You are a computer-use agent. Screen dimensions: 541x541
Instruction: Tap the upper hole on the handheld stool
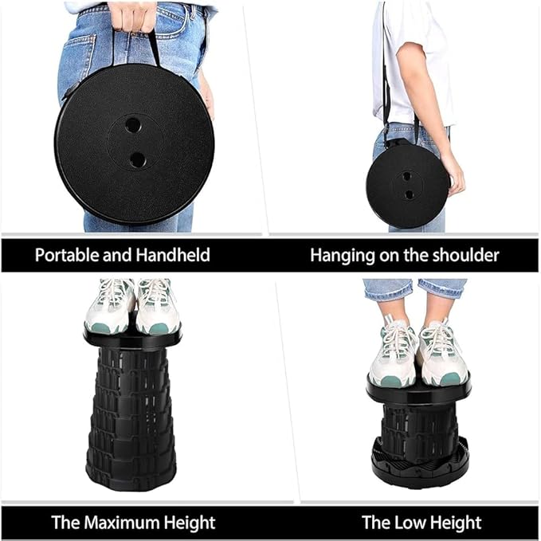coord(132,125)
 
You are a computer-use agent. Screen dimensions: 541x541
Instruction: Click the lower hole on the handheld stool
coord(137,159)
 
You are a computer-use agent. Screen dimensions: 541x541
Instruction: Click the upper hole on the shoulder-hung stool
coord(406,176)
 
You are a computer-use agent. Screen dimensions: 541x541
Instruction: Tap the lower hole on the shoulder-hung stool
coord(409,194)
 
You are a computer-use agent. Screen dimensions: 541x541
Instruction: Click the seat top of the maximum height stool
coord(132,338)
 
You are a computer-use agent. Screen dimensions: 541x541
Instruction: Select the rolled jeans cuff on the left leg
coord(387,289)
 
